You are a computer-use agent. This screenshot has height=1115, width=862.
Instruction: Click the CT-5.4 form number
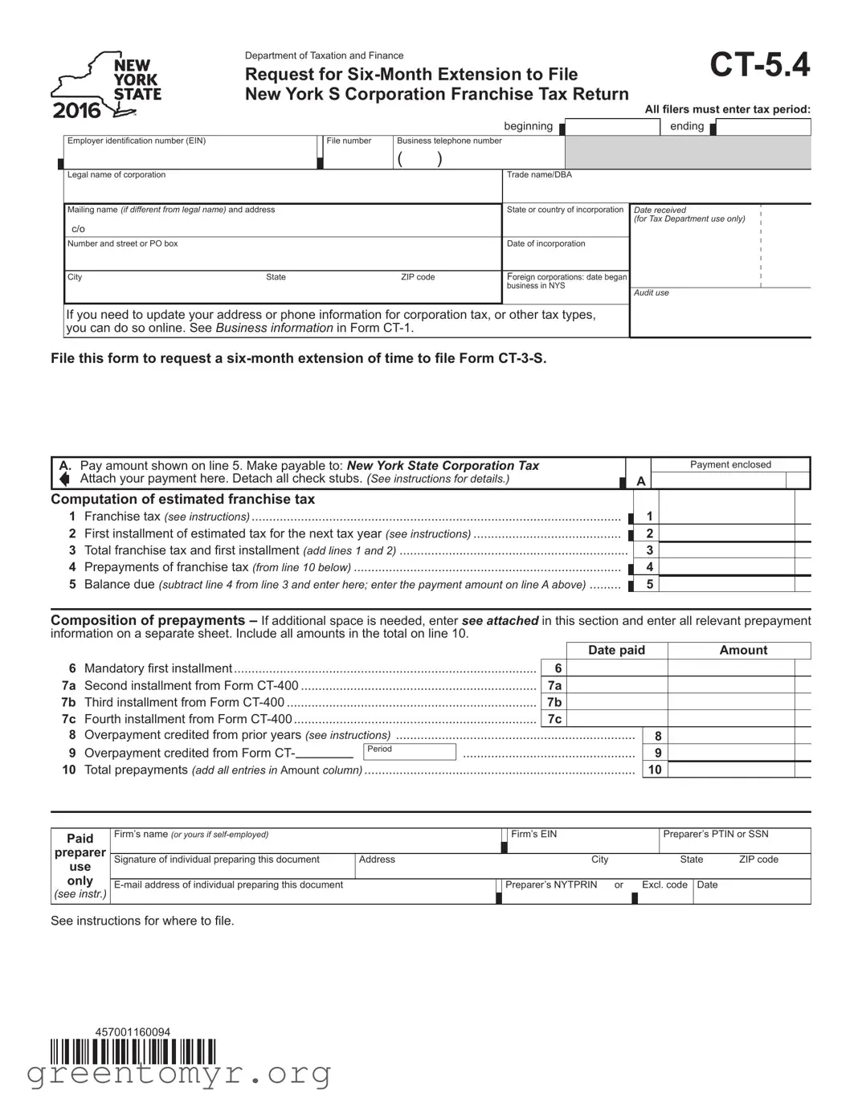click(759, 65)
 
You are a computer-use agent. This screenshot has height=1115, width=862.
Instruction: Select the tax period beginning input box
click(613, 127)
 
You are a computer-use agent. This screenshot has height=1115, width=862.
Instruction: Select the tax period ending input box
click(764, 127)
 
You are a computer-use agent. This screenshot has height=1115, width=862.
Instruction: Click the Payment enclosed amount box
click(718, 480)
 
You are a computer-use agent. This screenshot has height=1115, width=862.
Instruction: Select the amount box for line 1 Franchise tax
click(726, 517)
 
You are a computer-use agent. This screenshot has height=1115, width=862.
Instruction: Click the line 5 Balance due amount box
click(726, 584)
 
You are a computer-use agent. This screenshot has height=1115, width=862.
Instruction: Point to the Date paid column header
click(616, 650)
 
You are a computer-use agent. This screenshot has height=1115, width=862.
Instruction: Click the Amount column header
click(743, 650)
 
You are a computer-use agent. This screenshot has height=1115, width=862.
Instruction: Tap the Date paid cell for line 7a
click(616, 685)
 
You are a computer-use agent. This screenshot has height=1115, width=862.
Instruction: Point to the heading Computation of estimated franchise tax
click(182, 499)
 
